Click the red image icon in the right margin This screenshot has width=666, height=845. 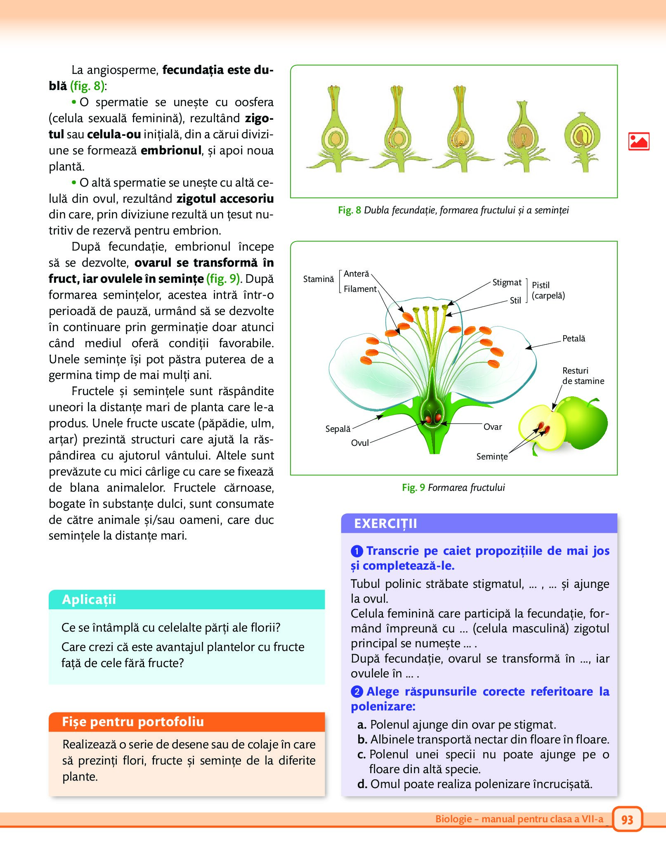coord(638,141)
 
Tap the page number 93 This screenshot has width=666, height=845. coord(627,819)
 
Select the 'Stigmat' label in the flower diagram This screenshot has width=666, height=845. coord(507,282)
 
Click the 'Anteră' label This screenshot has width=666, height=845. coord(356,274)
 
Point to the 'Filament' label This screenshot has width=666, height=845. coord(360,289)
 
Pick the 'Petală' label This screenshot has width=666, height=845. coord(574,338)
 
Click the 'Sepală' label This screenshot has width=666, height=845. coord(338,429)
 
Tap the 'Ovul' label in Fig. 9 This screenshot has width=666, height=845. coord(360,443)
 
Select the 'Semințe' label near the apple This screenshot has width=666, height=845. coord(492,457)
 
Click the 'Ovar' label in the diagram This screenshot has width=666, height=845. coord(493,427)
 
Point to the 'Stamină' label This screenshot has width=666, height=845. coord(318,279)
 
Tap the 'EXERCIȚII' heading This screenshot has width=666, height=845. coord(385,523)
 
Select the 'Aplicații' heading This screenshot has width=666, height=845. coord(89,599)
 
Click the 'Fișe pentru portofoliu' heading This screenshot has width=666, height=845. coord(133,722)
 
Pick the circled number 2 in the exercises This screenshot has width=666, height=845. coord(357,691)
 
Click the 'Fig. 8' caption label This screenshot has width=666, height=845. coord(349,210)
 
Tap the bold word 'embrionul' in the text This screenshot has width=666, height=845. coord(171,150)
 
